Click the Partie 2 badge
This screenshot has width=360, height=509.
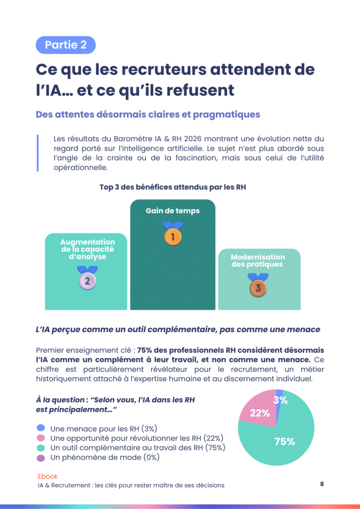click(x=66, y=45)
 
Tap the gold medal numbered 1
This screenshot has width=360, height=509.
click(x=173, y=236)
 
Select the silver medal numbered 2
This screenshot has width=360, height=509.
click(x=87, y=280)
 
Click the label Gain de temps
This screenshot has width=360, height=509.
click(x=173, y=211)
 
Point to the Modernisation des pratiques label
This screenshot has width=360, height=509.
click(x=258, y=260)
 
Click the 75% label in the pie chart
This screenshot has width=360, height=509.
click(x=285, y=441)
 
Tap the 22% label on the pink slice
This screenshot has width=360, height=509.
click(x=260, y=413)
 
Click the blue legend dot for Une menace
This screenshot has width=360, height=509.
click(x=41, y=428)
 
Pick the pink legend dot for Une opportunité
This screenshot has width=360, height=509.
click(x=41, y=438)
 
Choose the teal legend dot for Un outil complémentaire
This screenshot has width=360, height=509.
click(x=41, y=447)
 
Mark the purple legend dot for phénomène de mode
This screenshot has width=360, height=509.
click(x=41, y=457)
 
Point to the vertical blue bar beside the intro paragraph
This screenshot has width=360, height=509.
click(x=38, y=153)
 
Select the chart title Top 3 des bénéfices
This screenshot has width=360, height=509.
click(x=173, y=187)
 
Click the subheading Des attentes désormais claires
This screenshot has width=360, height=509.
click(x=148, y=114)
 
